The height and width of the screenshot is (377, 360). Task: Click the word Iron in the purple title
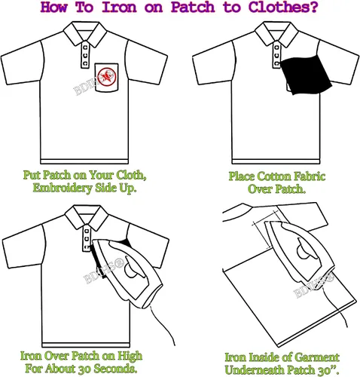(119, 7)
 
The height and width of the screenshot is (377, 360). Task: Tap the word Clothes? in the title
(283, 7)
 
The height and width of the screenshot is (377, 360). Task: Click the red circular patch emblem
(107, 77)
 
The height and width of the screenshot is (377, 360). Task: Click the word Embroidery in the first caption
(60, 188)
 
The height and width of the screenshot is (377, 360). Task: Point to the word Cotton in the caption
(274, 176)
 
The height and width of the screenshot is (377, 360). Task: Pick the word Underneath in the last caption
(255, 370)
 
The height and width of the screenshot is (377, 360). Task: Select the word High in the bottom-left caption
(130, 357)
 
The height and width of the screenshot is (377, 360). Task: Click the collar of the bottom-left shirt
(87, 216)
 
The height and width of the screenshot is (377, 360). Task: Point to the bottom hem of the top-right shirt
(276, 161)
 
